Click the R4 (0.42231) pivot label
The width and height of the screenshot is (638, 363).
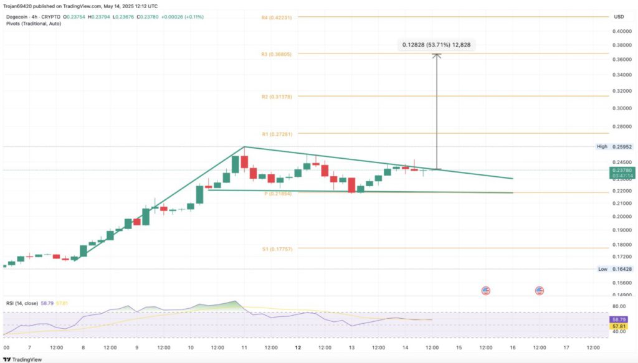tap(276, 17)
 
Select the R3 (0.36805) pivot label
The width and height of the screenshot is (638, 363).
tap(276, 54)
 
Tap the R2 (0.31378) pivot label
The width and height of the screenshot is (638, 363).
tap(276, 97)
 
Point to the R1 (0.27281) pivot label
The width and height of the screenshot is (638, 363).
tap(276, 134)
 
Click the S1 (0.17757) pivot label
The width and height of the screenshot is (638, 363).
tap(277, 248)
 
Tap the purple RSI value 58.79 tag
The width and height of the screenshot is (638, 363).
tap(619, 319)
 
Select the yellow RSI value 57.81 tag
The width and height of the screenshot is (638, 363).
tap(619, 326)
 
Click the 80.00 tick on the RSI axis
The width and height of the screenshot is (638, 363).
tap(619, 306)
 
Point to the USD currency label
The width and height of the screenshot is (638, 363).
tap(619, 16)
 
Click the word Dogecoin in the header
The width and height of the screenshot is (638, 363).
tap(17, 16)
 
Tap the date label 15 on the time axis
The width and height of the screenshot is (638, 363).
tap(459, 347)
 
